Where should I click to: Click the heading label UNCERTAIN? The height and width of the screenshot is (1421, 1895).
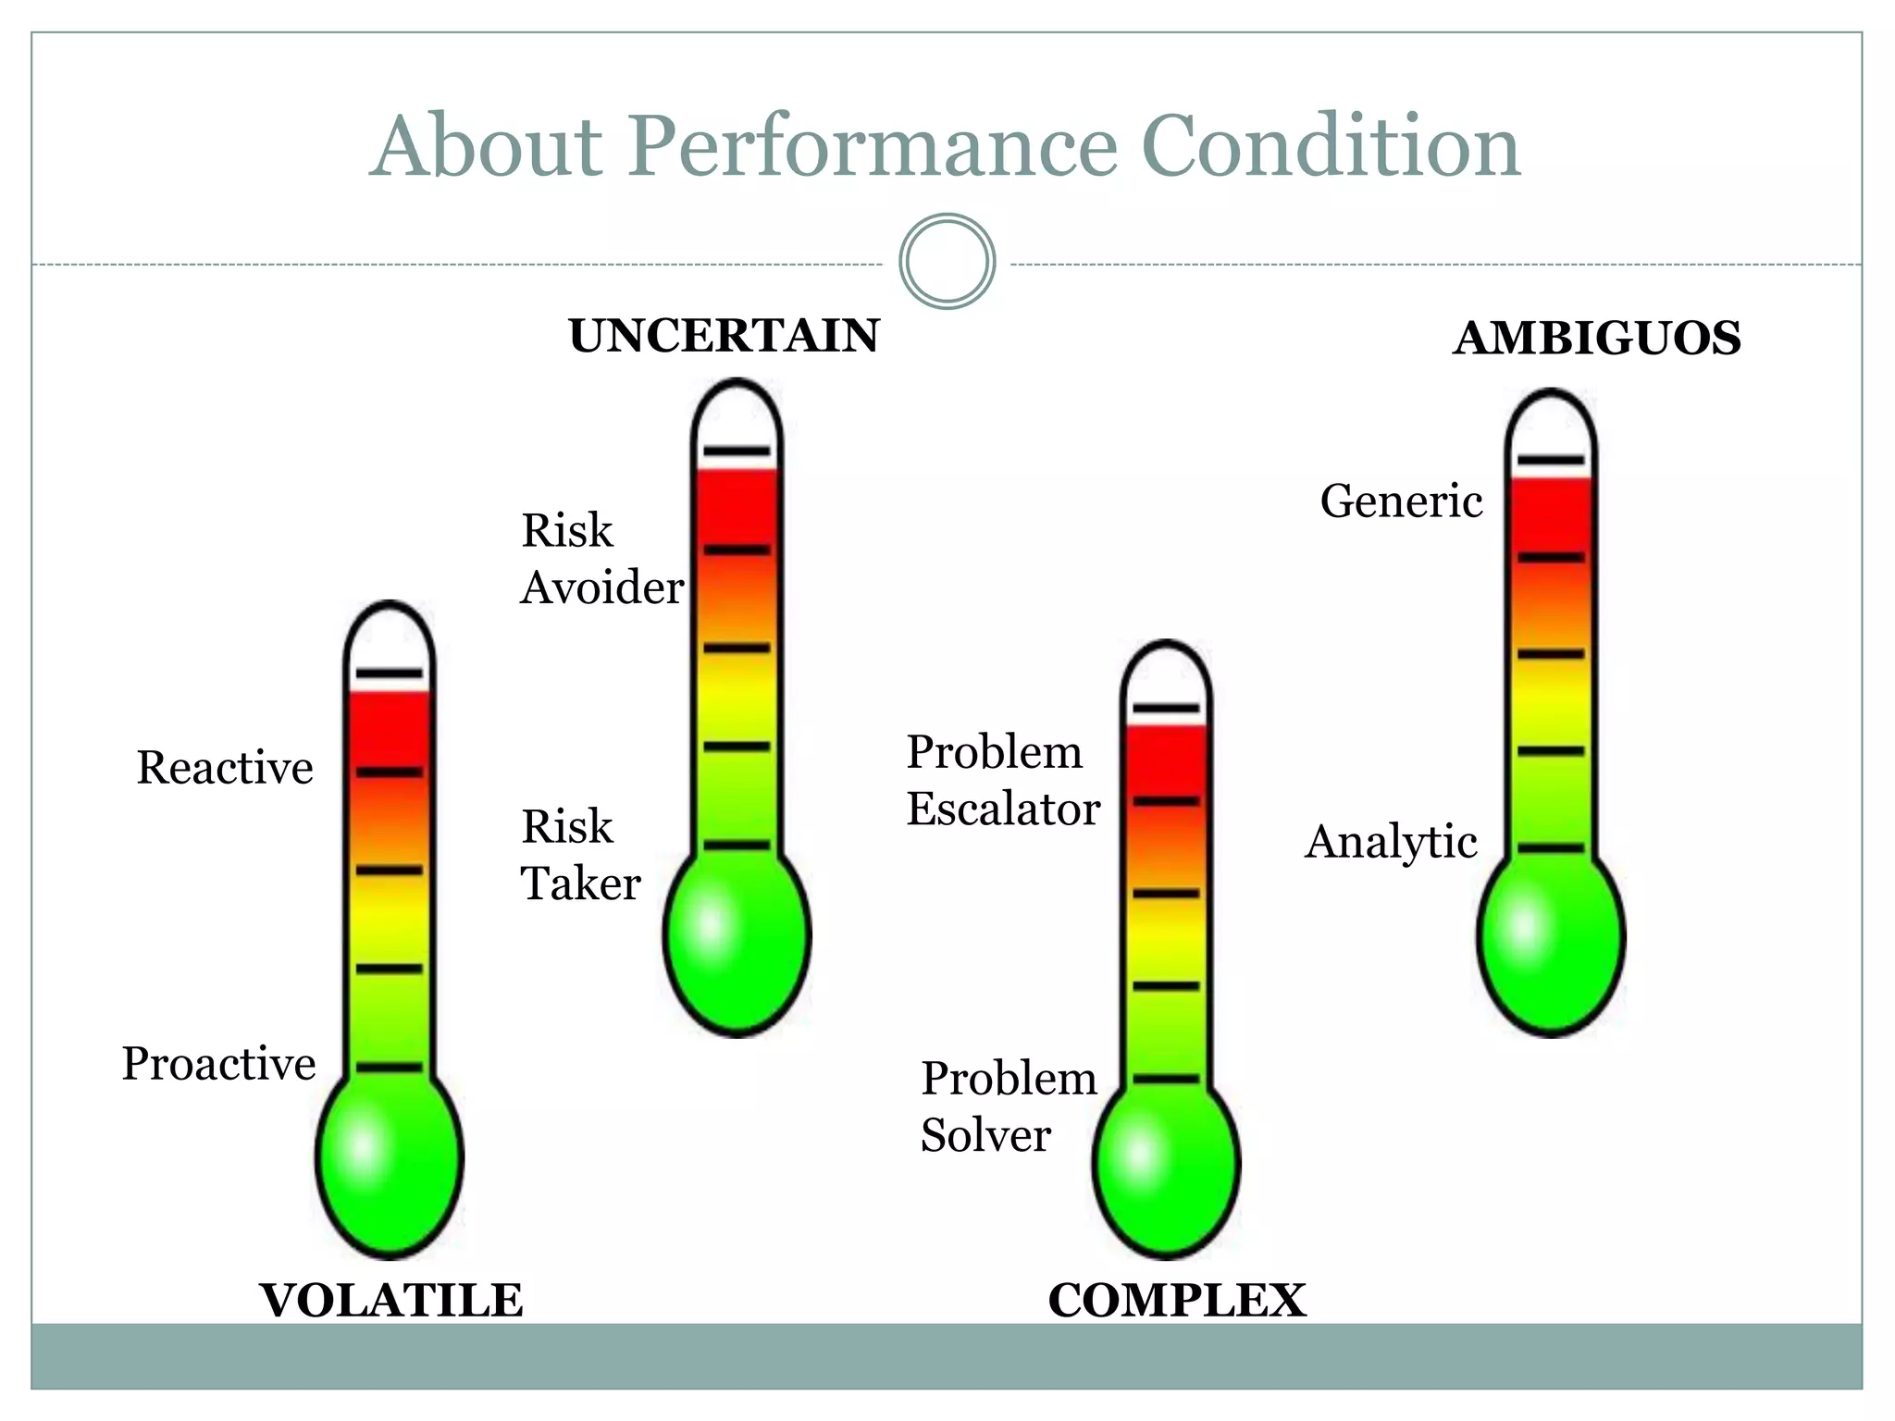(724, 336)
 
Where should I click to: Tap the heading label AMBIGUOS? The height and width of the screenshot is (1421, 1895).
(1597, 339)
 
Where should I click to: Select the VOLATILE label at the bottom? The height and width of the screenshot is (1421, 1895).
(391, 1301)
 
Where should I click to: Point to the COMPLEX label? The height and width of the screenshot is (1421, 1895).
(1176, 1301)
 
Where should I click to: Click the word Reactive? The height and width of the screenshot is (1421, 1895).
(225, 768)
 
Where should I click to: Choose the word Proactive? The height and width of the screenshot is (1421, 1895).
(218, 1064)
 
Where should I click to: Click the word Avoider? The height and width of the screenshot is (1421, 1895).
(601, 587)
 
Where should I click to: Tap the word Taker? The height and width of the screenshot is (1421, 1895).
(580, 883)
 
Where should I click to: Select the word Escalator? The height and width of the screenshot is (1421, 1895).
(1003, 809)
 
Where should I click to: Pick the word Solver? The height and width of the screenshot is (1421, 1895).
(985, 1136)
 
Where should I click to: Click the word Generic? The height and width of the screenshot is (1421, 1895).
(1401, 501)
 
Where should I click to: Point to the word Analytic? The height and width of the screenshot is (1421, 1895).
(1391, 842)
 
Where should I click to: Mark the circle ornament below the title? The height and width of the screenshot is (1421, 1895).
(947, 262)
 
